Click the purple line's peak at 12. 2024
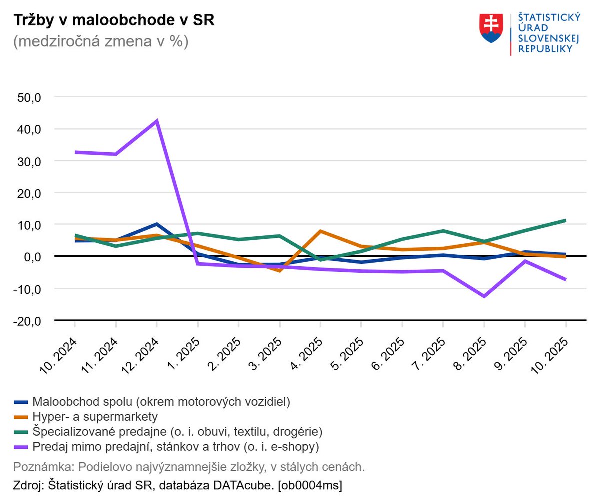(x=157, y=121)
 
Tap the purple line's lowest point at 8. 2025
(x=484, y=296)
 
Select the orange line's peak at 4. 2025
(x=320, y=231)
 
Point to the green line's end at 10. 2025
(x=565, y=220)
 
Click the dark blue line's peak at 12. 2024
(x=157, y=224)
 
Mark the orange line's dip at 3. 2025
(x=279, y=270)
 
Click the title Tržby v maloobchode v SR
(x=114, y=21)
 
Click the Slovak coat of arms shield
(x=491, y=28)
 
